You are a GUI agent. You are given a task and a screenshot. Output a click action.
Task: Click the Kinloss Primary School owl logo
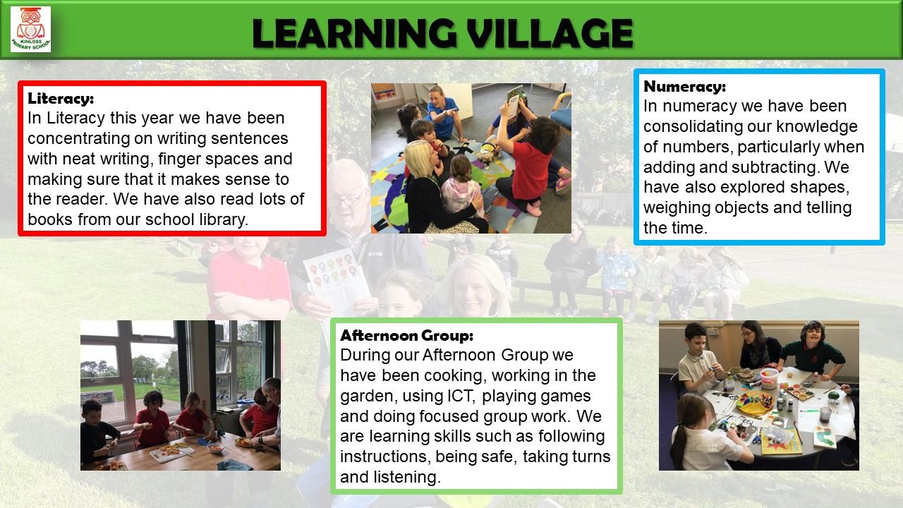point(30,29)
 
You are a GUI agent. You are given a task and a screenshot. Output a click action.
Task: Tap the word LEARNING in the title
point(354,33)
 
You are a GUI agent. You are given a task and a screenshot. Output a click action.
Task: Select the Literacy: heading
point(61,98)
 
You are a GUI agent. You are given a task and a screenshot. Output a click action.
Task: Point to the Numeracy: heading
point(684,86)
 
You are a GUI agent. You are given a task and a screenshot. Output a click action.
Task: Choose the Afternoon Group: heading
point(406,335)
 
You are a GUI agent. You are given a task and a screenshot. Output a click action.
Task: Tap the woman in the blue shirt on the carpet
point(442,113)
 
